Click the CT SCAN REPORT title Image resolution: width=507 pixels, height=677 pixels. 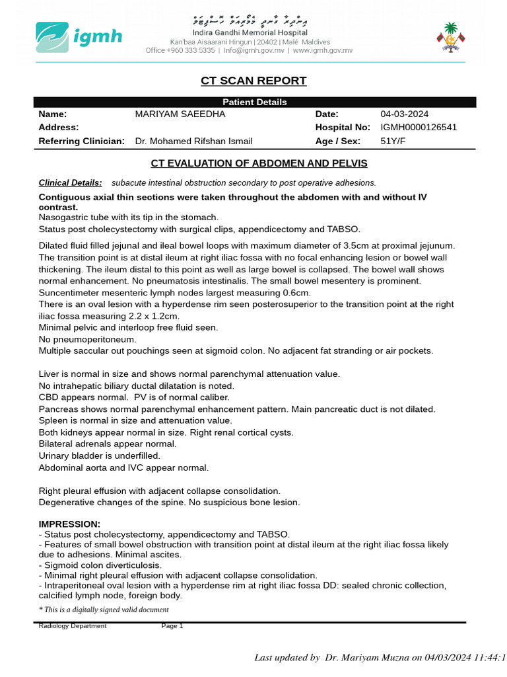point(253,81)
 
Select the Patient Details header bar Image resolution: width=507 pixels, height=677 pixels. point(254,102)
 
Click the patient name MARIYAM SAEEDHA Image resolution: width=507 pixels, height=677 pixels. point(180,114)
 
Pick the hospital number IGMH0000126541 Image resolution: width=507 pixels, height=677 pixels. point(419,127)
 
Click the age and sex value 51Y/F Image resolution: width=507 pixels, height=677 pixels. point(393,141)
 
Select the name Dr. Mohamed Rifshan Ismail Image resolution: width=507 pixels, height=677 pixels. point(193,141)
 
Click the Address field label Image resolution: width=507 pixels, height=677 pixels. point(59,127)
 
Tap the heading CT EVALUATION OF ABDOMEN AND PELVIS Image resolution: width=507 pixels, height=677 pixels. point(259,163)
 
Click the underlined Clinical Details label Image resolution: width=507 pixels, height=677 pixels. point(70,182)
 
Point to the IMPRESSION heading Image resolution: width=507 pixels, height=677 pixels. point(69,524)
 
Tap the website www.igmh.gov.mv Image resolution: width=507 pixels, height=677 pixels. point(322,50)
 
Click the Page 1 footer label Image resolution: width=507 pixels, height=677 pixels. point(172,626)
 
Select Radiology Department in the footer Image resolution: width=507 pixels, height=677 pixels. point(72,626)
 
